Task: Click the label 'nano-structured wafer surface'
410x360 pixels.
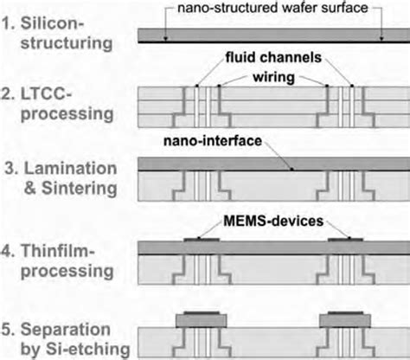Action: (x=274, y=10)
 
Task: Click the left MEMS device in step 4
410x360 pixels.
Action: (x=202, y=237)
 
